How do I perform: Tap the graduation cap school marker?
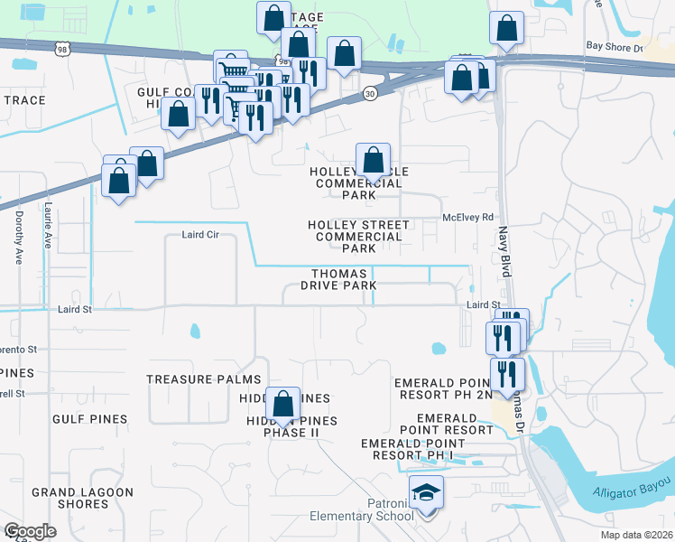pos(425,493)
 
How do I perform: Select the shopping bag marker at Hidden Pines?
pos(284,404)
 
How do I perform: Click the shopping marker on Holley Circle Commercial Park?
pos(373,163)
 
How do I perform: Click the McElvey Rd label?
pos(467,217)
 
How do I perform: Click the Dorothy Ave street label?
pos(18,237)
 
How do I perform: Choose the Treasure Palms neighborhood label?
pos(204,379)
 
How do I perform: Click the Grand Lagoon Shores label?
pos(82,498)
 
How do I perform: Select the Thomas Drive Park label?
pos(343,279)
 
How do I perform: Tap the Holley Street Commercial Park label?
pos(358,236)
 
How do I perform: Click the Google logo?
pos(30,531)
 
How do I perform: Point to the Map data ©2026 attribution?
pos(636,535)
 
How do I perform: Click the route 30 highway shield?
pos(370,93)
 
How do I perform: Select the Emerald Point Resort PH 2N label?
pos(444,388)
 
